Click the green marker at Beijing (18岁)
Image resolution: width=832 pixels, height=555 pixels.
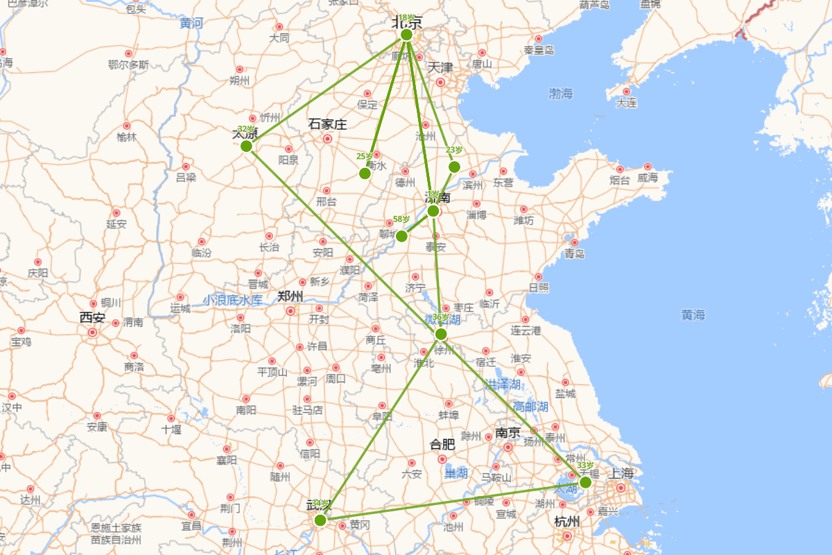click(406, 35)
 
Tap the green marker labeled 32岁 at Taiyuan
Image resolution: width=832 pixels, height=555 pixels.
click(246, 146)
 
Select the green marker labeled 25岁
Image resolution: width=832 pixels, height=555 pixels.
click(365, 173)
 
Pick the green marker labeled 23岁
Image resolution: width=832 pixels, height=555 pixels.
click(454, 166)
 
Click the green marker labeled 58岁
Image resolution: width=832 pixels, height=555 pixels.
click(401, 236)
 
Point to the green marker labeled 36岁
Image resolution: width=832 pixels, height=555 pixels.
click(441, 334)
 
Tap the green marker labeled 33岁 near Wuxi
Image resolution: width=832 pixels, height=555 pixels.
click(585, 482)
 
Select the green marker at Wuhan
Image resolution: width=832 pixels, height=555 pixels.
click(320, 520)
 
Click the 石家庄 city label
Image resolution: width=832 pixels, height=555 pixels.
click(327, 125)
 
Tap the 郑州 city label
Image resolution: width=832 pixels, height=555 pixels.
click(290, 297)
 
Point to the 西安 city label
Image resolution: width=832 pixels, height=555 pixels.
click(92, 318)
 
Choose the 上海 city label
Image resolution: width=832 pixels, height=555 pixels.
click(621, 474)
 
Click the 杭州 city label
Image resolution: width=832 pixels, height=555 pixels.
click(567, 521)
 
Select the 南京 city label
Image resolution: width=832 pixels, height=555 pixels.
click(508, 432)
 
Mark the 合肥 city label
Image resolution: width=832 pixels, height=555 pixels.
click(442, 444)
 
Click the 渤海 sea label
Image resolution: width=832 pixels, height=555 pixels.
click(561, 93)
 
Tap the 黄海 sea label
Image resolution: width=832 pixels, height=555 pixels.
click(693, 315)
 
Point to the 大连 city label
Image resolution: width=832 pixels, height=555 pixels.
click(626, 103)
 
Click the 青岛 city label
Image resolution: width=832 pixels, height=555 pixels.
click(574, 254)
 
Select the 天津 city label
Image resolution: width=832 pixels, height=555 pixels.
click(440, 68)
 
